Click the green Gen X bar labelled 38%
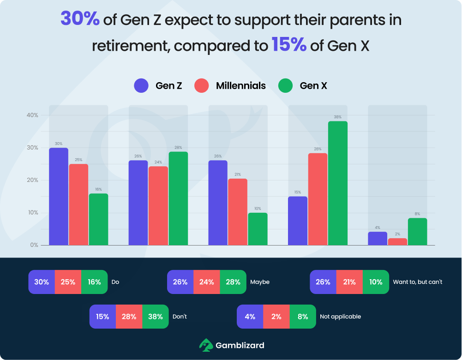337,183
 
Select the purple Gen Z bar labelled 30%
59,197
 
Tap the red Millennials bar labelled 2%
397,241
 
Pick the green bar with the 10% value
258,229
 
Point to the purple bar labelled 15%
298,221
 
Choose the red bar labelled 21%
238,212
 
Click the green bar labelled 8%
417,232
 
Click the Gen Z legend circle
141,85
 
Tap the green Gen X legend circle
286,85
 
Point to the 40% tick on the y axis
32,115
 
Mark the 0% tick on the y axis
34,245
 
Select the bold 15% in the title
289,45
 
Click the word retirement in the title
124,46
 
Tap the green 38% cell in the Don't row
156,317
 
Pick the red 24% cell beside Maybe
207,282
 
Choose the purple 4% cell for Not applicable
250,317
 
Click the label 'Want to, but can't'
417,282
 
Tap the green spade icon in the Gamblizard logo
205,345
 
